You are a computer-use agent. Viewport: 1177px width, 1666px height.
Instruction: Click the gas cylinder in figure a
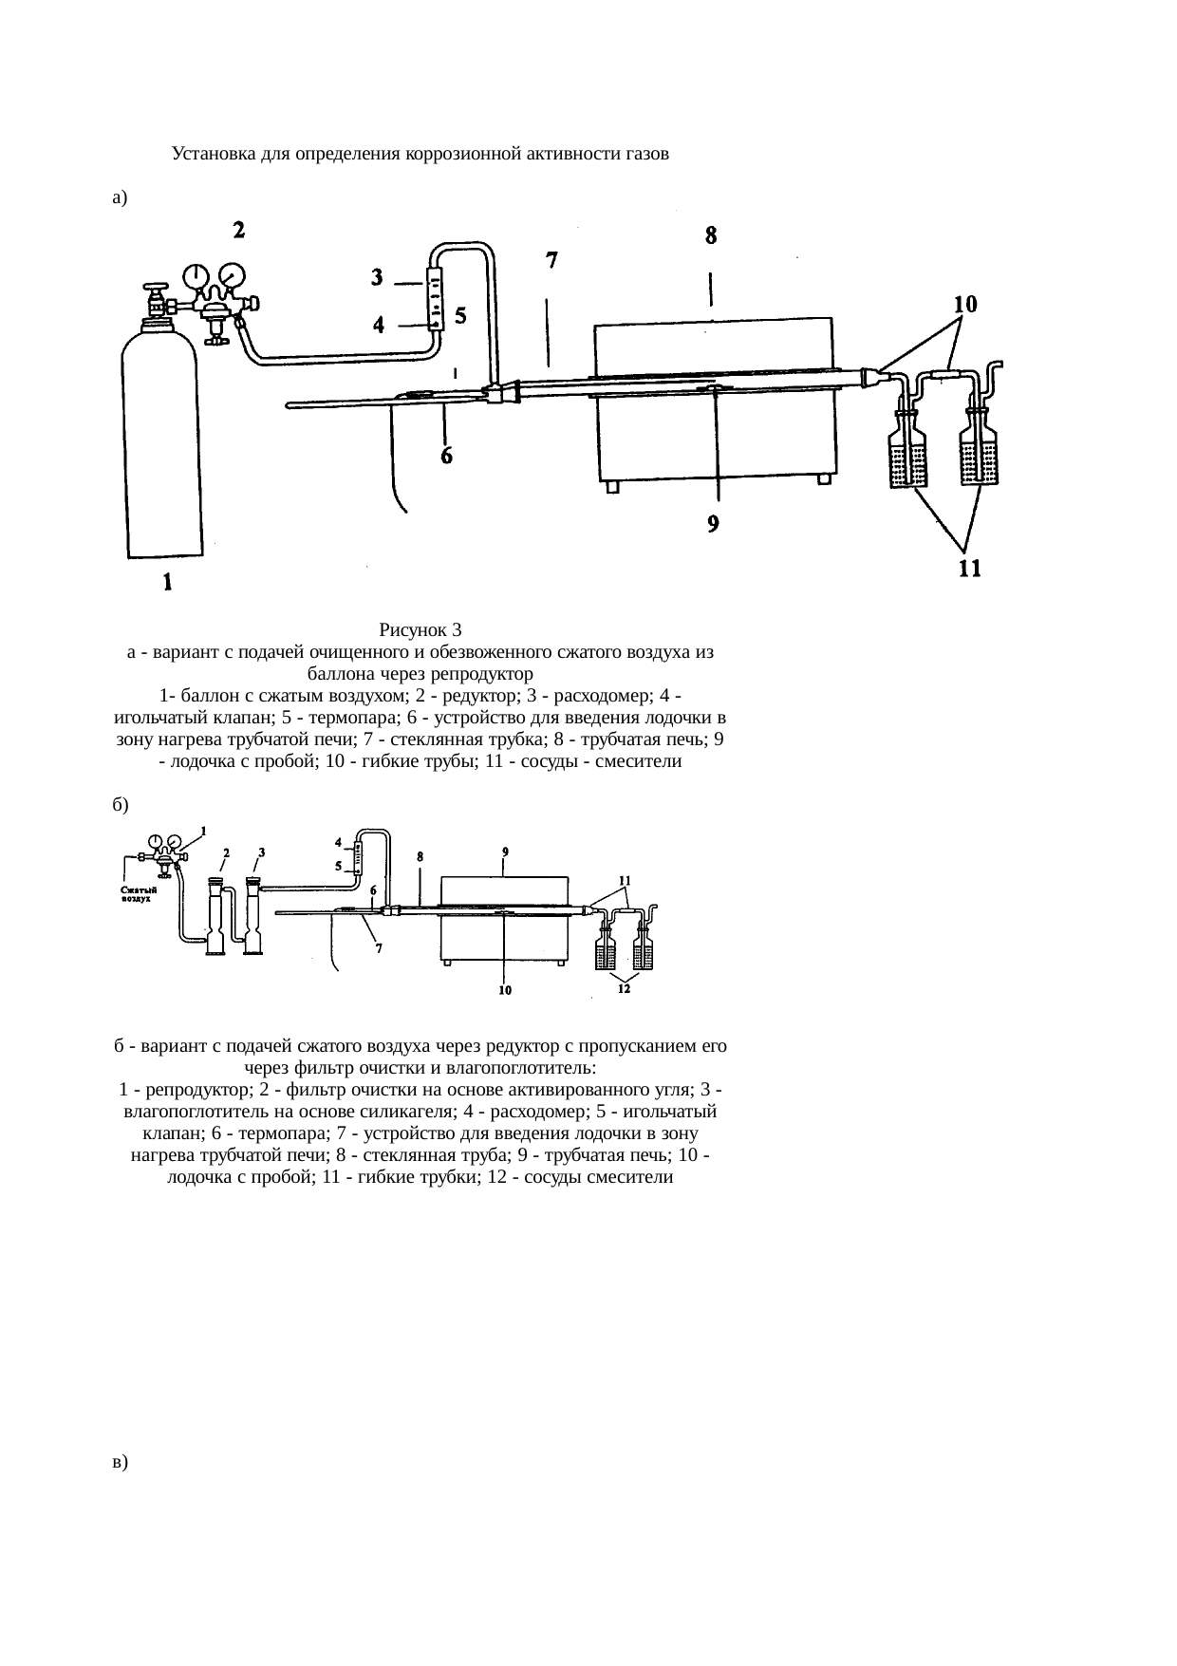(x=162, y=441)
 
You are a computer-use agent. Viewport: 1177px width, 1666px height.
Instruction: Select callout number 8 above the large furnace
(x=711, y=235)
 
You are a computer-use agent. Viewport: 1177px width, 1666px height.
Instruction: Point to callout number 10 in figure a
(x=965, y=304)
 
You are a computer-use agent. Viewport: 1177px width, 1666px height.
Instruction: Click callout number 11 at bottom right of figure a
(x=969, y=569)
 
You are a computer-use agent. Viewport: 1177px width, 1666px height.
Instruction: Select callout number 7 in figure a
(x=551, y=259)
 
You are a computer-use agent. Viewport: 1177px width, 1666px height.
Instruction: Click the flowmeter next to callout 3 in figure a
(x=436, y=300)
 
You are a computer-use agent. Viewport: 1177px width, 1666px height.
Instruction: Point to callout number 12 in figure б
(x=624, y=988)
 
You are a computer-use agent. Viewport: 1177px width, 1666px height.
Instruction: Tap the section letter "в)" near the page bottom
(x=119, y=1462)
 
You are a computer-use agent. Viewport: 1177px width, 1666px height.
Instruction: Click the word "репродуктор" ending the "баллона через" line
(x=483, y=675)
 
